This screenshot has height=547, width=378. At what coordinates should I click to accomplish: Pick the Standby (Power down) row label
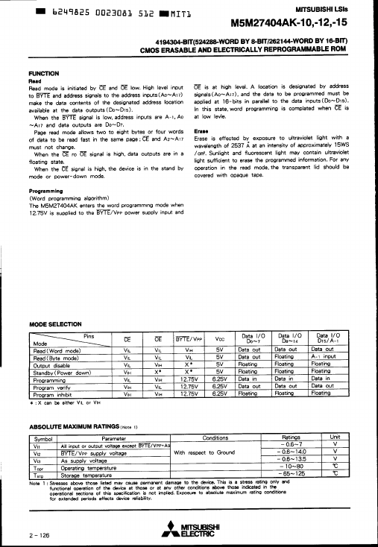point(60,371)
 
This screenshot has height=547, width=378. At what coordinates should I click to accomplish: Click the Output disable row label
point(48,364)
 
